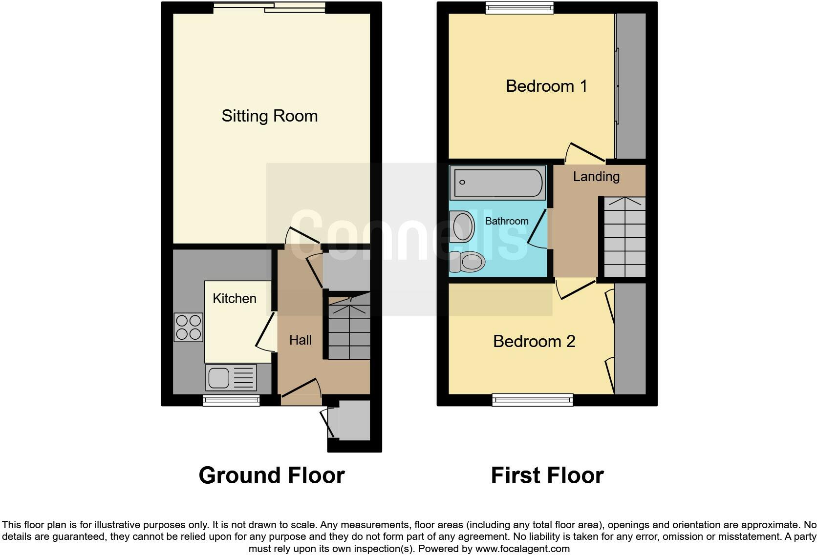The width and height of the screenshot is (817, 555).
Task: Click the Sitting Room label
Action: coord(269,116)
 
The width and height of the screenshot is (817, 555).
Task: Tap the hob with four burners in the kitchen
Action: coord(189,327)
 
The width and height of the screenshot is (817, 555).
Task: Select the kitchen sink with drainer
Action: coord(231,377)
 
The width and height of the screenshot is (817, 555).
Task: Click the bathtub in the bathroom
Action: coord(497,183)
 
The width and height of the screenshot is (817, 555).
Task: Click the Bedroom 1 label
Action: coord(546,86)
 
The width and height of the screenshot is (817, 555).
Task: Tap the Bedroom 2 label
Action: coord(534,341)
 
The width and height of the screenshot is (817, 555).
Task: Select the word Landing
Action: coord(596,177)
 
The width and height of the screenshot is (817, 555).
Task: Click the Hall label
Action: coord(300,340)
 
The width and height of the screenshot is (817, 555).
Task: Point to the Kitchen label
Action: coord(234,299)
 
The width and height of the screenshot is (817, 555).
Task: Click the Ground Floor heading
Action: coord(271,475)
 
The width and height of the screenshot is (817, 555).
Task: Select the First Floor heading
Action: coord(547,475)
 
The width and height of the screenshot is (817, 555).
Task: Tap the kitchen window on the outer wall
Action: coord(231,401)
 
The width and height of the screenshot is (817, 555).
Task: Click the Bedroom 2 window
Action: coord(532,400)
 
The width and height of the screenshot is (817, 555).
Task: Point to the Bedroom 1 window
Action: coord(519,7)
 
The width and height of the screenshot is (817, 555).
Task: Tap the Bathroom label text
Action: coord(506,221)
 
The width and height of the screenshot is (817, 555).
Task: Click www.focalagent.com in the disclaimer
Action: coord(522,549)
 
